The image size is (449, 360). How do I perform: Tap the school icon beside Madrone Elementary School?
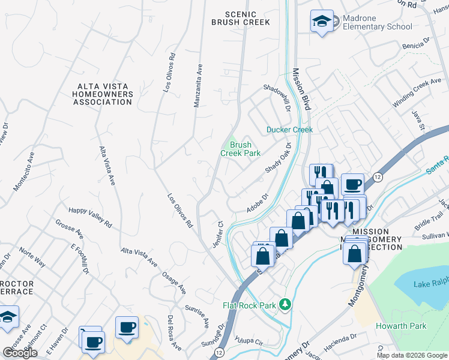(322, 22)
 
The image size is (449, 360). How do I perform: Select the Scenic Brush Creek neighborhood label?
(240, 18)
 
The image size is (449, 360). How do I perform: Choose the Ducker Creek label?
(290, 130)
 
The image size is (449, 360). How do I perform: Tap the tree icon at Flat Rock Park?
(288, 305)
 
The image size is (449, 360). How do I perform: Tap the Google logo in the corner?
(20, 353)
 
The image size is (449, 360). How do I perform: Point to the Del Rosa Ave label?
(174, 333)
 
